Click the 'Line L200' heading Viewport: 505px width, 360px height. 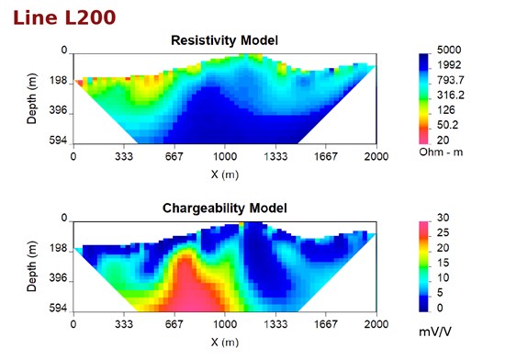coord(64,17)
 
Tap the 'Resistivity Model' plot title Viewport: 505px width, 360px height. coord(224,40)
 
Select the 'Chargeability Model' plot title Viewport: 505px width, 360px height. coord(224,208)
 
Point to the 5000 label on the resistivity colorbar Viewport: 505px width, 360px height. coord(449,50)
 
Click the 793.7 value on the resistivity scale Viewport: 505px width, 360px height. coord(451,80)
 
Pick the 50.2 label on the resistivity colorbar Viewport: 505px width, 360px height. coord(447,125)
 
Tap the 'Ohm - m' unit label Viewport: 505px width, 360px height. coord(441,152)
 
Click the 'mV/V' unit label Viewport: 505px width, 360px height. coord(435,332)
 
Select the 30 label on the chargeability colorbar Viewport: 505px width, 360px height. coord(443,218)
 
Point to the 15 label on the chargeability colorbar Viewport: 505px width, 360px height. coord(443,263)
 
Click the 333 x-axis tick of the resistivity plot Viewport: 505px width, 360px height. coord(124,157)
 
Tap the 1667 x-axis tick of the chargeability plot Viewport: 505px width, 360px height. coord(325,324)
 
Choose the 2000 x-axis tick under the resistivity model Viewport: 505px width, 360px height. coord(376,157)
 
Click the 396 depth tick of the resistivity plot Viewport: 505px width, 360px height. coord(58,110)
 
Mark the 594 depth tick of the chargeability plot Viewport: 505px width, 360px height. coord(58,309)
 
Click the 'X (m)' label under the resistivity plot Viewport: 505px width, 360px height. coord(225,174)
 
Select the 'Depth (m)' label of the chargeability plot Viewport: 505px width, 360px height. coord(31,266)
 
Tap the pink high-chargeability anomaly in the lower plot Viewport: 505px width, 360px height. coord(193,290)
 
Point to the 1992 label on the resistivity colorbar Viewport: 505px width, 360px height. coord(449,65)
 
